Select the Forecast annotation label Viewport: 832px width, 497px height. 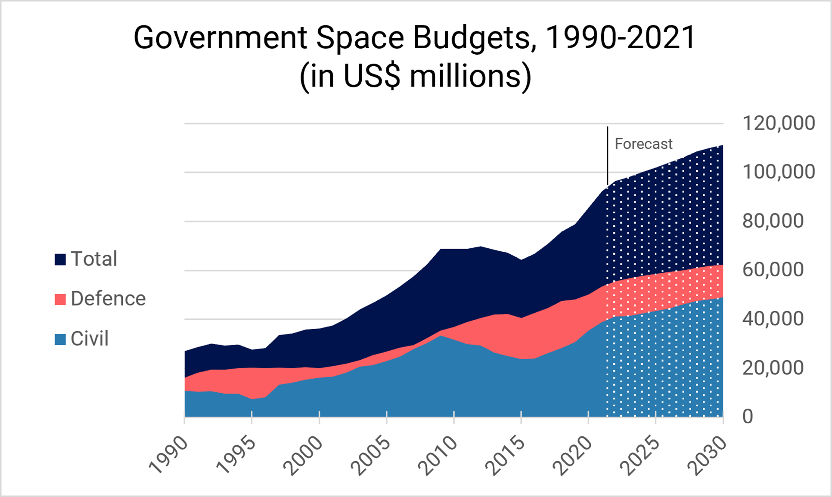(x=643, y=144)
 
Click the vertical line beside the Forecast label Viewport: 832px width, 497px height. (x=608, y=155)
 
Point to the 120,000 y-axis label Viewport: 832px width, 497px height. (x=779, y=123)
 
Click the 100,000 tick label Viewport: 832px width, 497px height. (x=779, y=172)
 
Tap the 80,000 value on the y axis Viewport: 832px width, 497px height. (x=773, y=221)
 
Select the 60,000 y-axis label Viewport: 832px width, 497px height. (x=773, y=270)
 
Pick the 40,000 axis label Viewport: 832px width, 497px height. (x=773, y=319)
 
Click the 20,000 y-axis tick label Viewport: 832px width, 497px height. (x=773, y=368)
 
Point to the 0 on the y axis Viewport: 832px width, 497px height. (x=748, y=417)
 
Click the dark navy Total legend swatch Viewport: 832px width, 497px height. (x=60, y=259)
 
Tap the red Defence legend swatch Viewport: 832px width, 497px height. (x=60, y=299)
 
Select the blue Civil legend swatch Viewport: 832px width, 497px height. (x=60, y=339)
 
